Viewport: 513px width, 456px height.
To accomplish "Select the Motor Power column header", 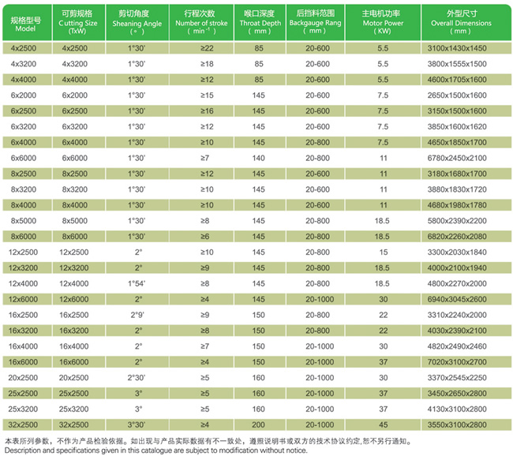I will point(383,19).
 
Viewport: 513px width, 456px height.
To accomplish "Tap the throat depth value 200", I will point(258,424).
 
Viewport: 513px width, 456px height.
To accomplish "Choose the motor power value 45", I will point(383,409).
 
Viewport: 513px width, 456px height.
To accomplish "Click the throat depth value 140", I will point(258,158).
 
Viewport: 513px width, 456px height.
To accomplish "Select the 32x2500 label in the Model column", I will point(21,424).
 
